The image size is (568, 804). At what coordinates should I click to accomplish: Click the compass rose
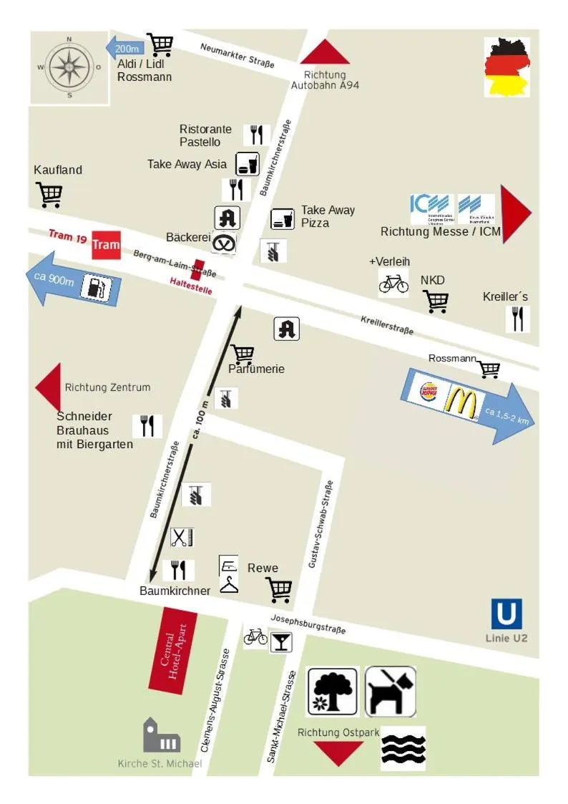coord(69,67)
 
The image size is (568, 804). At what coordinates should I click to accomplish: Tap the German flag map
coord(507,67)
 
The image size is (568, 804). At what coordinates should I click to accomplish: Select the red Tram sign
coord(106,245)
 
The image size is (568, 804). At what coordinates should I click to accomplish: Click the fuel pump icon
coord(96,288)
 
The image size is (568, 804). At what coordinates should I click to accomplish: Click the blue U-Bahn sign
coord(506,614)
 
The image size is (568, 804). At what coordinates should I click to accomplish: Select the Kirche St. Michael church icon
coord(160,736)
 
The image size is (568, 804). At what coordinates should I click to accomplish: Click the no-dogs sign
coord(391,691)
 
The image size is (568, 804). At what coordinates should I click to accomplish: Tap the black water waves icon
coord(403,749)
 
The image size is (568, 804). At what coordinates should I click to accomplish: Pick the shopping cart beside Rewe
coord(279,590)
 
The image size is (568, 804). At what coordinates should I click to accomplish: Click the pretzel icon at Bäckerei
coord(225,243)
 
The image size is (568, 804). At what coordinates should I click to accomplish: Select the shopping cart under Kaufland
coord(49,194)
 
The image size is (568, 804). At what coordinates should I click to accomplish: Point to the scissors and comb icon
coord(182,537)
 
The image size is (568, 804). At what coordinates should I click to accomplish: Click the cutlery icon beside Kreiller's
coord(517,319)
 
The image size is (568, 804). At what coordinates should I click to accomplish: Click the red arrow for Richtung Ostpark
coord(339,752)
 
